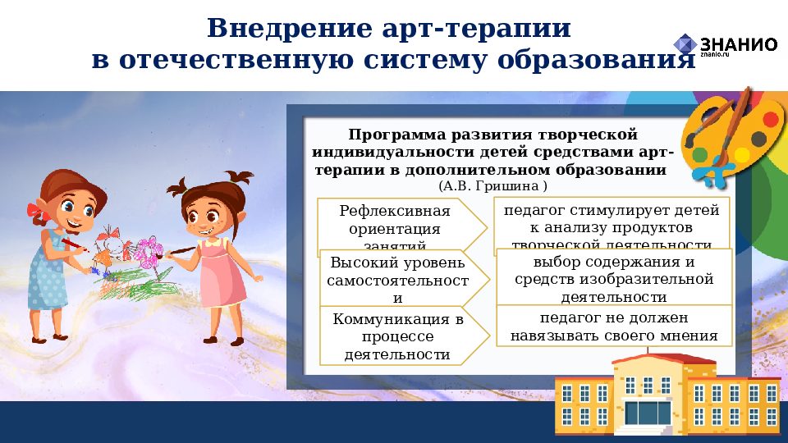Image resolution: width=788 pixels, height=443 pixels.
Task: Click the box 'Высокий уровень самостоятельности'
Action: click(397, 279)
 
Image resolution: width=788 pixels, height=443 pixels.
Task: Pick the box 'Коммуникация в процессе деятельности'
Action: click(397, 336)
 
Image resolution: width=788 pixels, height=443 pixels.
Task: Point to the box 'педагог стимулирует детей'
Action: click(612, 226)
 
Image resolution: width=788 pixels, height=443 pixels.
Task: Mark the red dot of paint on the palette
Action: click(769, 121)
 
